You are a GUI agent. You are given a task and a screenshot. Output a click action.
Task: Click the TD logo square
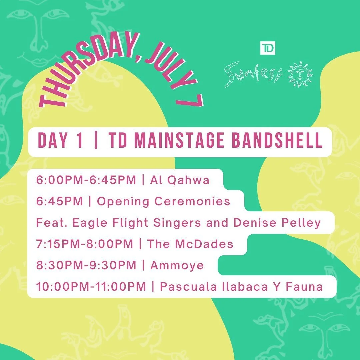click(267, 48)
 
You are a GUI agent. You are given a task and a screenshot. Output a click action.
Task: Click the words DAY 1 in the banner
click(60, 140)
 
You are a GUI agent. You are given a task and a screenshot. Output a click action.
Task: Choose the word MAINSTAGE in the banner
click(179, 140)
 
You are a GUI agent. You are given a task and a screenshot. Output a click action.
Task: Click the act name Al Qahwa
click(180, 180)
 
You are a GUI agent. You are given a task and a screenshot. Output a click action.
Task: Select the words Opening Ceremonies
click(163, 202)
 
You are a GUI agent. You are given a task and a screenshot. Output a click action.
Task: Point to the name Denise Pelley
click(277, 223)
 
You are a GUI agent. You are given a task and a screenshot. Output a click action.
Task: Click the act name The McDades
click(190, 244)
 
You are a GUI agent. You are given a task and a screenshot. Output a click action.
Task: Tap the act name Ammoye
click(177, 265)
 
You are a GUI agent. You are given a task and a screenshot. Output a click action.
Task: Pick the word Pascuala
click(188, 287)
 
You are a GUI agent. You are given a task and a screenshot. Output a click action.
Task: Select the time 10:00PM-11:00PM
click(91, 287)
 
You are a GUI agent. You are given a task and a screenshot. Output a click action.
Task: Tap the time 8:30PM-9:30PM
click(86, 265)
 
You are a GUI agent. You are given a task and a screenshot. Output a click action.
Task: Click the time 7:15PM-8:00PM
click(85, 244)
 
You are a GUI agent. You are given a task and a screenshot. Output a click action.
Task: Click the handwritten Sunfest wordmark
click(253, 74)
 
